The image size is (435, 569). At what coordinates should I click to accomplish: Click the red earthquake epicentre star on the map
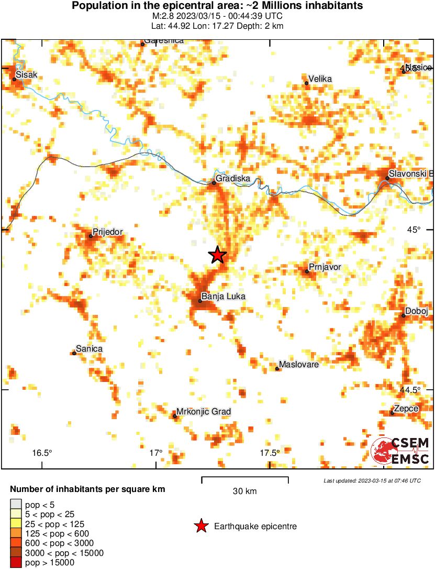(x=217, y=255)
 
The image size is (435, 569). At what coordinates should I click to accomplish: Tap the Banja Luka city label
(x=224, y=297)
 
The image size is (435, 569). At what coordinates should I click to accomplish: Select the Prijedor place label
(x=107, y=232)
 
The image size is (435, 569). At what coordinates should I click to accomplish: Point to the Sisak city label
(x=27, y=75)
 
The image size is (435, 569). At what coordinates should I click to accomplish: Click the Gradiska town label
(x=232, y=178)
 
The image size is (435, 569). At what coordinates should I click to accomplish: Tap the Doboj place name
(x=417, y=311)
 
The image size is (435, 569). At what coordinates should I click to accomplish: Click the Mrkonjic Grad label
(x=204, y=412)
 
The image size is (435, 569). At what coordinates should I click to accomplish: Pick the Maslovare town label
(x=299, y=364)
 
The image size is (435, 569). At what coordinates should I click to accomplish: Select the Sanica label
(x=89, y=349)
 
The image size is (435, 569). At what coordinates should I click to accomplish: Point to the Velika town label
(x=320, y=79)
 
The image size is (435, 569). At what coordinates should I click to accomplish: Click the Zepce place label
(x=406, y=408)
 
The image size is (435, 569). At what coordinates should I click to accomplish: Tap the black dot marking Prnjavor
(x=307, y=271)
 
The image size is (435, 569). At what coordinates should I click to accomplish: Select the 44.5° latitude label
(x=410, y=390)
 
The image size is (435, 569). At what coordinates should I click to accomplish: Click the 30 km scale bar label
(x=244, y=491)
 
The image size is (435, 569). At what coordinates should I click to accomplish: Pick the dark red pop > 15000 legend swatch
(x=16, y=563)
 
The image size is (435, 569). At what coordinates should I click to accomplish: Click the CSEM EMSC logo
(x=401, y=451)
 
